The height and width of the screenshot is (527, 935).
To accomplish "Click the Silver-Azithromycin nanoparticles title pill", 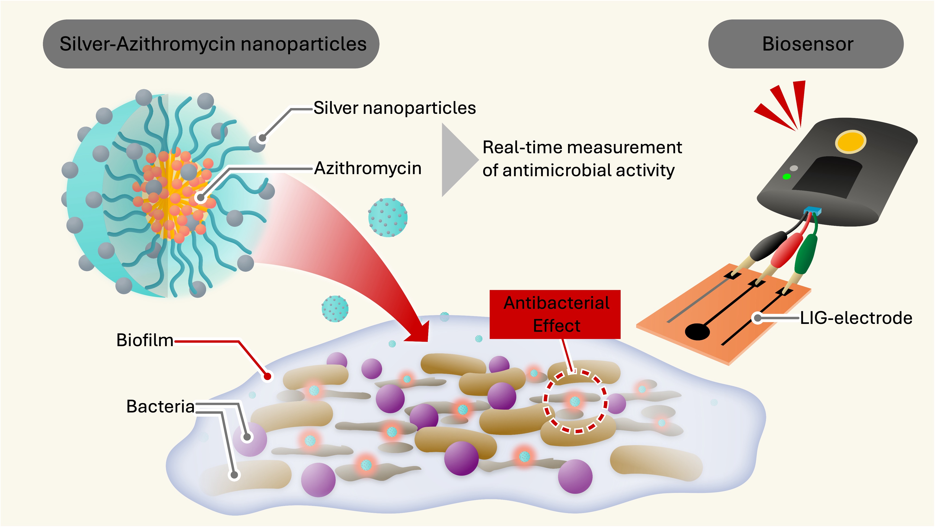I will click(211, 44).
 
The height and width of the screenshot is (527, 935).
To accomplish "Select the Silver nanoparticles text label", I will click(395, 108).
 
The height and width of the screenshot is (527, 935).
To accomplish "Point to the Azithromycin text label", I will click(368, 168).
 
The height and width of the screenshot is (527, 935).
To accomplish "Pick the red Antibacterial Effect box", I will click(555, 314).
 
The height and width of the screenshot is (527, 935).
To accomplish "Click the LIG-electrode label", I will click(856, 318).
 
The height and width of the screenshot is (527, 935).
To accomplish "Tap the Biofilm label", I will click(145, 340).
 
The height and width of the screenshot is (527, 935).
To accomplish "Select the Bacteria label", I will click(160, 406).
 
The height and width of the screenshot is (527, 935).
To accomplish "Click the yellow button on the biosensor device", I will click(850, 141).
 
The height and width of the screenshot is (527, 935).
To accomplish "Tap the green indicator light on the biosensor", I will click(787, 177).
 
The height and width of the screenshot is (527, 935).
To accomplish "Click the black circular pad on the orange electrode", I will click(697, 331).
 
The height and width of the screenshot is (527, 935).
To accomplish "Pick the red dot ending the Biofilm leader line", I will click(268, 376).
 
